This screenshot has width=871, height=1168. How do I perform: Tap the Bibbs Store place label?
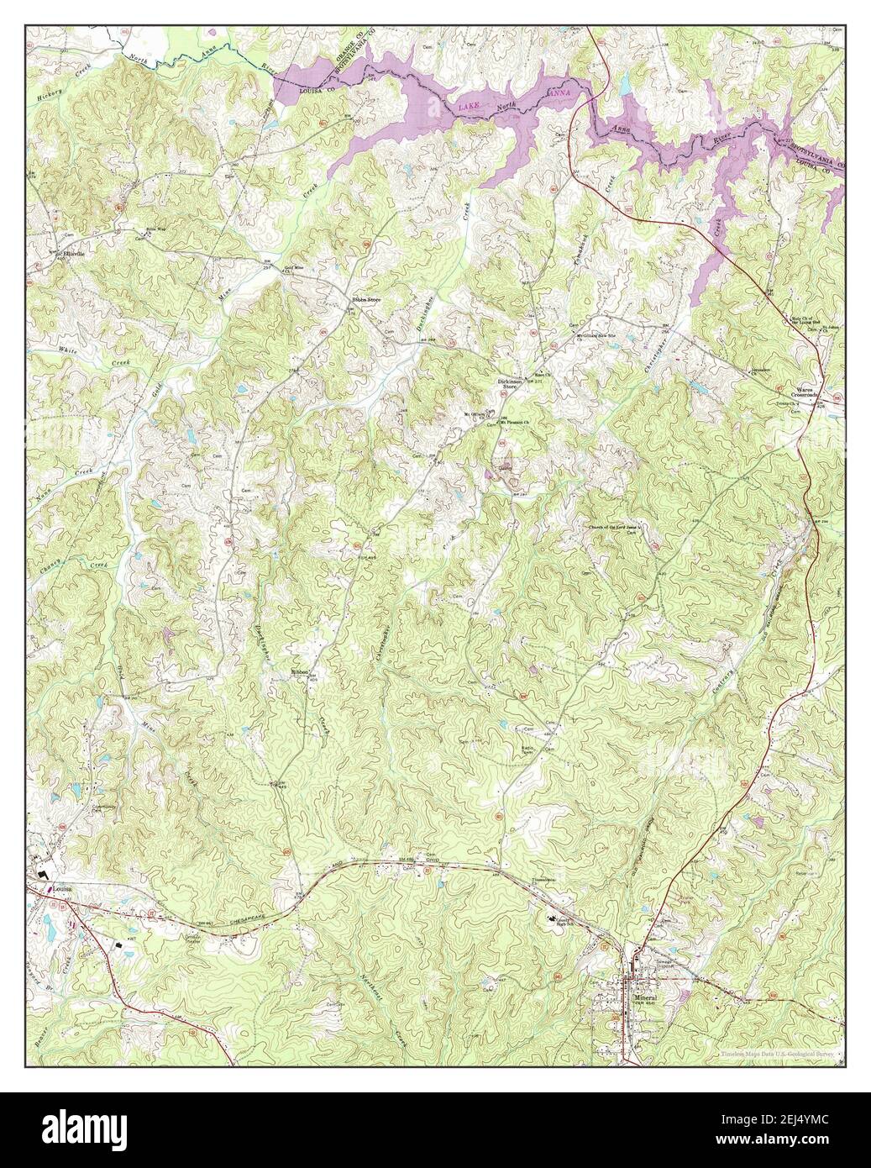click(x=366, y=299)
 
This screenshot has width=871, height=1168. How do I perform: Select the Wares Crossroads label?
click(x=811, y=392)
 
